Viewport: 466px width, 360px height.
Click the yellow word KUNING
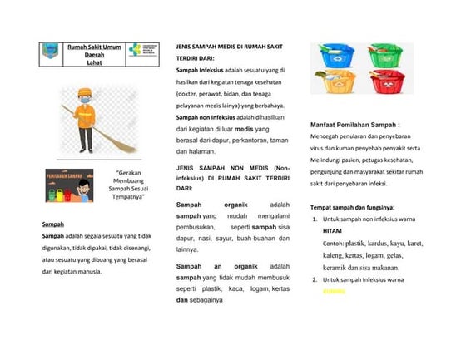334,291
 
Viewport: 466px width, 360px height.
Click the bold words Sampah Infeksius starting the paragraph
200,71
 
